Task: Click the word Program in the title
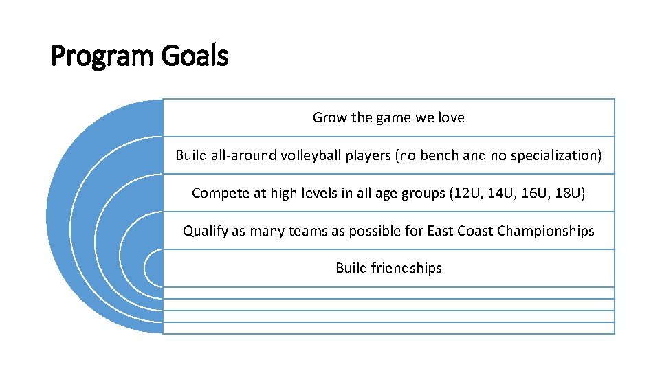click(x=103, y=56)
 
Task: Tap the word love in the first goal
click(x=450, y=117)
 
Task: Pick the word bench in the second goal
click(x=441, y=155)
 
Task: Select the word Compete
click(x=219, y=193)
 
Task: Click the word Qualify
click(x=205, y=231)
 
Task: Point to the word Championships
click(x=546, y=231)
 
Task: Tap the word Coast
click(x=475, y=231)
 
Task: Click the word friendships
click(x=406, y=268)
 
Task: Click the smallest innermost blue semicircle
click(x=155, y=267)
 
